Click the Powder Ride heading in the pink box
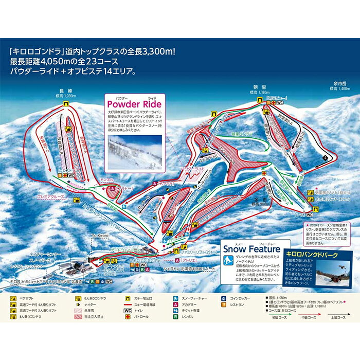point(134,102)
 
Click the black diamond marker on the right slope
point(325,158)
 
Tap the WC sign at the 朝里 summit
point(280,103)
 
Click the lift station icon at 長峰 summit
point(65,103)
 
